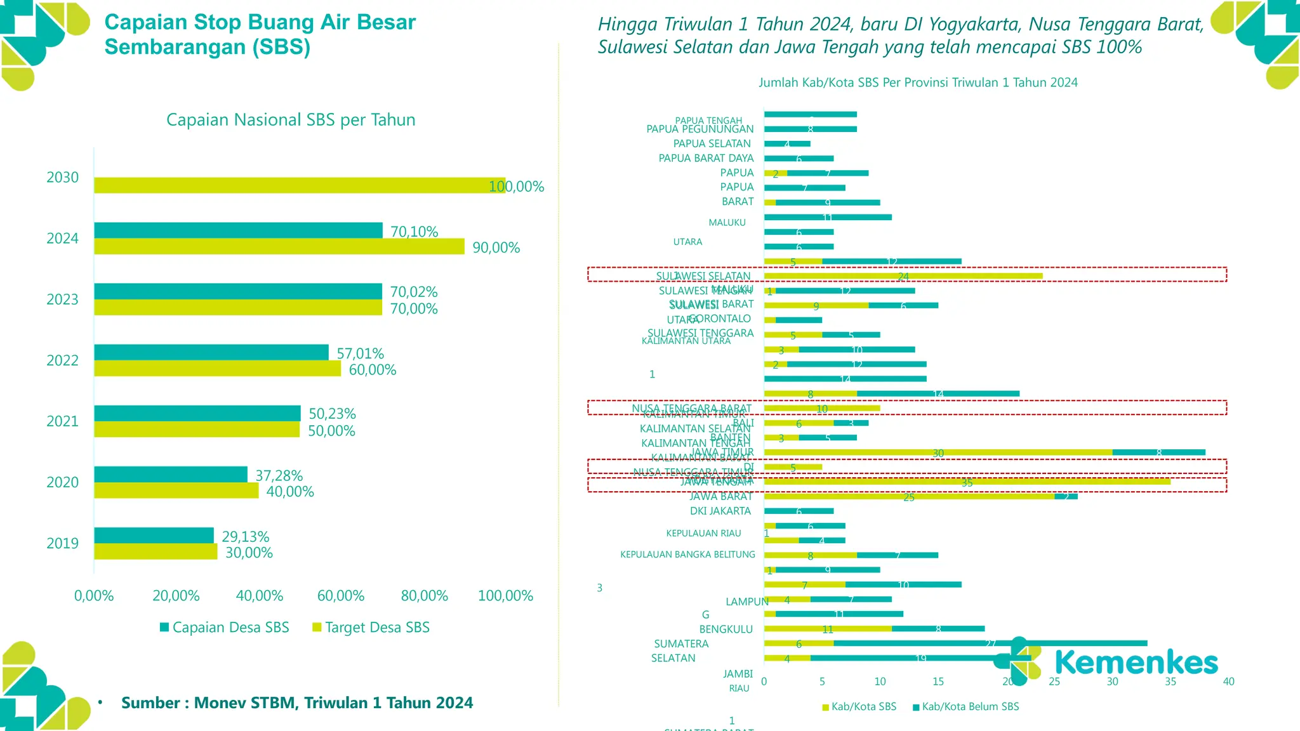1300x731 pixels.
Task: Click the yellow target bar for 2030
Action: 298,185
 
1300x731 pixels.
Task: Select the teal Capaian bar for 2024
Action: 238,230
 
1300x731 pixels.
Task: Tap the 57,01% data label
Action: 360,353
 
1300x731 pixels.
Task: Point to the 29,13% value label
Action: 245,537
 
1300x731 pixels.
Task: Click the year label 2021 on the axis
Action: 62,421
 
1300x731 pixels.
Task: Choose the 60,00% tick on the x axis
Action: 341,596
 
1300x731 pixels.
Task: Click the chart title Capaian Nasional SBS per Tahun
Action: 291,120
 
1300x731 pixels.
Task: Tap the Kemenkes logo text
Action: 1136,662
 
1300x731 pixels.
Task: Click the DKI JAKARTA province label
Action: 720,511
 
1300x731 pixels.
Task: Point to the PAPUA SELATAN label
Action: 712,143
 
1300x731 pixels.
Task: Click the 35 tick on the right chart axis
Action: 1171,682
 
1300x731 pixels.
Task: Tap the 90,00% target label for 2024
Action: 496,247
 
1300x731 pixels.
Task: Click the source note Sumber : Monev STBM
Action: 297,702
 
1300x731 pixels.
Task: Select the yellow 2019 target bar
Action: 156,551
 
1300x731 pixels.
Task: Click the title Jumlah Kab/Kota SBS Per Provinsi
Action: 918,82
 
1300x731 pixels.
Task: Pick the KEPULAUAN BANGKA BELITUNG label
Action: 687,555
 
